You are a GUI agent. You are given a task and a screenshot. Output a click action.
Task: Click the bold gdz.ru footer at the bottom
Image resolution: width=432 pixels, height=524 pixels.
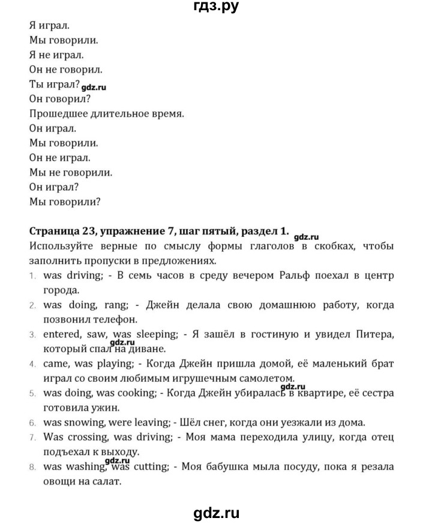click(217, 512)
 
